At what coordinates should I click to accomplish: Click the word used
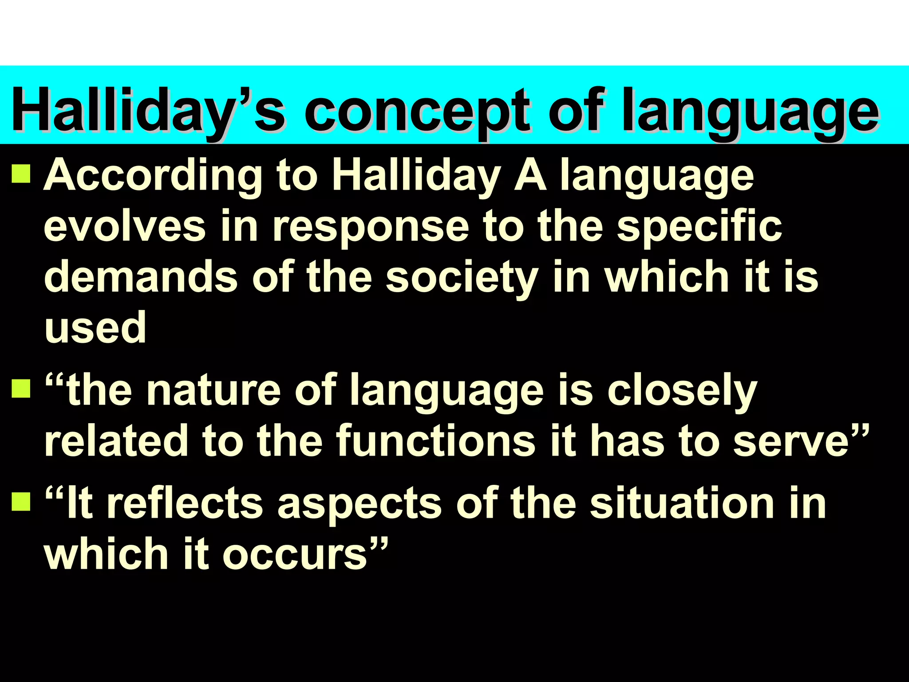coord(95,328)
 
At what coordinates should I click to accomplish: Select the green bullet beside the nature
coord(21,389)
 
